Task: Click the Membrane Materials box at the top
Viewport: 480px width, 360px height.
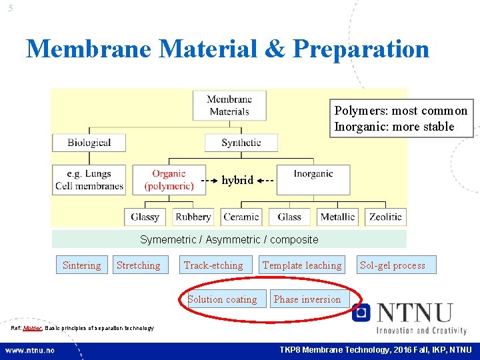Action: click(229, 105)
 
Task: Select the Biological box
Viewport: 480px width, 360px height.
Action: click(89, 142)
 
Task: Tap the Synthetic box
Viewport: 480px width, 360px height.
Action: click(241, 142)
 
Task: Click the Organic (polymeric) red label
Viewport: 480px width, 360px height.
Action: click(169, 180)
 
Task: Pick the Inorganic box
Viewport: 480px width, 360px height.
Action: click(313, 174)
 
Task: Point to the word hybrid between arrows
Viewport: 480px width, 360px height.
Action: click(237, 180)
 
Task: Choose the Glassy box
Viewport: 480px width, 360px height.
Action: click(145, 217)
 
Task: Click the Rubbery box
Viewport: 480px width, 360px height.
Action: click(193, 217)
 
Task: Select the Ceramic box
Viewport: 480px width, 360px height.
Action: click(241, 217)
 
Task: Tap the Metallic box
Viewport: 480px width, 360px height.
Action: click(337, 217)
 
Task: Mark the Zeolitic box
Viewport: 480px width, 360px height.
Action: click(385, 217)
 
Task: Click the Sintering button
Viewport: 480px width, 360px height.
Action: click(81, 265)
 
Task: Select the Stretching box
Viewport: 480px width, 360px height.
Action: click(138, 265)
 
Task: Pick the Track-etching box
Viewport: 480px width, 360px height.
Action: click(213, 265)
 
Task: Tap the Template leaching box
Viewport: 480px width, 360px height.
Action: click(302, 265)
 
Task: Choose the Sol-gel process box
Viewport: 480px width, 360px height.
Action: click(393, 265)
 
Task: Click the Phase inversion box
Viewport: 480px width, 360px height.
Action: click(307, 299)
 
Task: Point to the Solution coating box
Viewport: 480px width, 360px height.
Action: click(222, 299)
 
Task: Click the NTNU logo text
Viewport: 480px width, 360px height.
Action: click(413, 313)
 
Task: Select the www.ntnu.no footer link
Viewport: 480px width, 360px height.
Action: click(31, 350)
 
